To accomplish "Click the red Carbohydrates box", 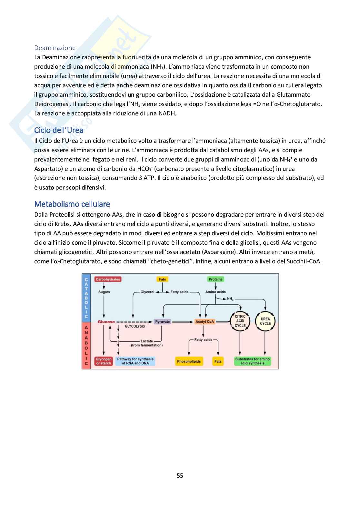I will click(x=108, y=279).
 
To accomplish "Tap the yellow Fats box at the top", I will click(x=162, y=279).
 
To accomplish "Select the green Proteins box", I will click(x=215, y=279).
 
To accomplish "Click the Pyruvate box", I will click(x=162, y=322).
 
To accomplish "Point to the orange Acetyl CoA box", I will click(x=205, y=322).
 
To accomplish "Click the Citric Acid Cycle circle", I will click(x=240, y=321).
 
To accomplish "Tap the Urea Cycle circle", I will click(x=265, y=321).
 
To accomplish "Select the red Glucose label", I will click(x=106, y=322).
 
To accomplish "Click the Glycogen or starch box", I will click(x=104, y=361).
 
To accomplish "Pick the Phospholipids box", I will click(x=189, y=361).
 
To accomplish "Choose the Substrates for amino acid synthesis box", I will click(x=252, y=361).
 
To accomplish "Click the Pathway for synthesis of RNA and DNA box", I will click(x=135, y=361).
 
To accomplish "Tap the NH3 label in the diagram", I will click(x=230, y=299).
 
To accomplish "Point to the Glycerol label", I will click(x=147, y=292).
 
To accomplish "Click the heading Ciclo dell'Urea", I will click(x=59, y=130).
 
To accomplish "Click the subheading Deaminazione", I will click(x=55, y=48).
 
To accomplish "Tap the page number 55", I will click(x=180, y=475).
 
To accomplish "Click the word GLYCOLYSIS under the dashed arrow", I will click(x=135, y=326).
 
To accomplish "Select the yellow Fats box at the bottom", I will click(x=218, y=361).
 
